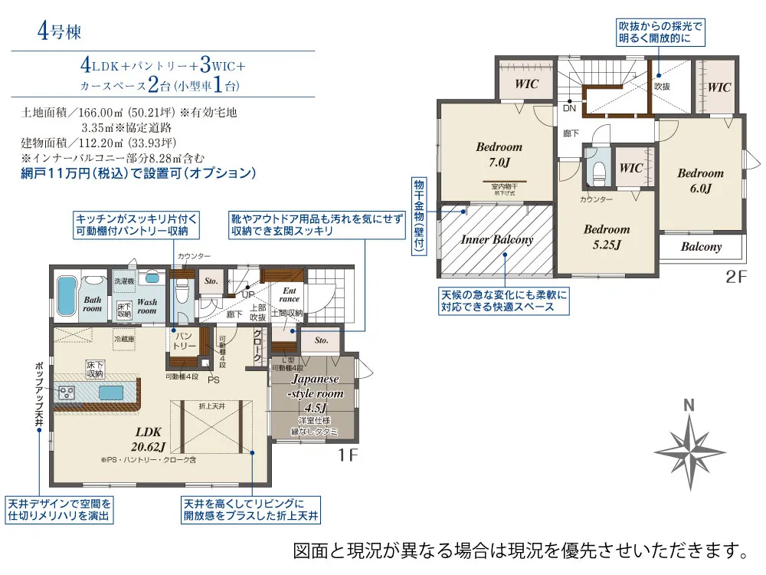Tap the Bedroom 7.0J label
(x=499, y=154)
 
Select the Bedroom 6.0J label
(x=700, y=181)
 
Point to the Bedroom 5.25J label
(x=607, y=237)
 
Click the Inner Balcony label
(x=497, y=239)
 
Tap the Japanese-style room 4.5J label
(x=316, y=393)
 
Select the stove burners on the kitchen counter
(x=66, y=393)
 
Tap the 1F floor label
(x=349, y=455)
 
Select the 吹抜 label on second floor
(x=662, y=86)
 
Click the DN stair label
(x=569, y=109)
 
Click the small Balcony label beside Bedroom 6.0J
(x=701, y=247)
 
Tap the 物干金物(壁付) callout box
(x=418, y=214)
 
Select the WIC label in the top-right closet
(x=719, y=87)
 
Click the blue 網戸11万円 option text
(x=139, y=173)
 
